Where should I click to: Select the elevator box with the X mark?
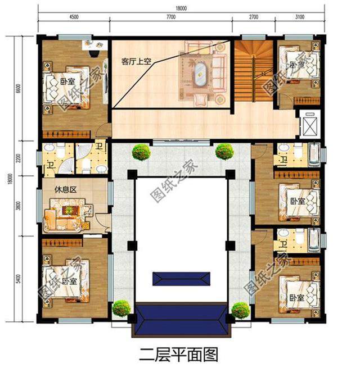(x=309, y=125)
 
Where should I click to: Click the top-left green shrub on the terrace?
(x=141, y=151)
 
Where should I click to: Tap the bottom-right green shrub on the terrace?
(x=240, y=310)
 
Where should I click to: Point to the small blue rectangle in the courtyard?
(x=182, y=278)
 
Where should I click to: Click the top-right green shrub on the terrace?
(x=224, y=151)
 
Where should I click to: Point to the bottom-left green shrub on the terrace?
(x=121, y=308)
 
